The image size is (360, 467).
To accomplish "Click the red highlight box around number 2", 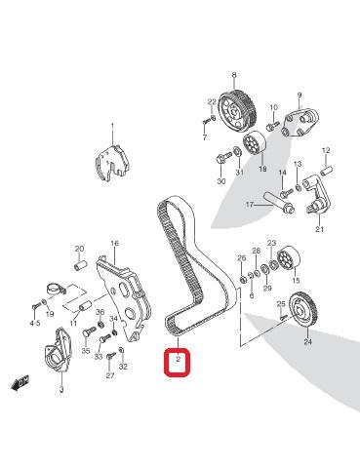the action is point(178,362).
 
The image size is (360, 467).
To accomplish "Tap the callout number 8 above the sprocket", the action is point(234,75).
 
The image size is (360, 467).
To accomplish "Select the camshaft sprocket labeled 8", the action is point(237,109).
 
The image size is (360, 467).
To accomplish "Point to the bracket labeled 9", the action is point(300,123).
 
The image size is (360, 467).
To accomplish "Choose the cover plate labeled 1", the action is point(112,162).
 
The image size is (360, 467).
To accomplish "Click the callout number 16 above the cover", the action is point(114,244).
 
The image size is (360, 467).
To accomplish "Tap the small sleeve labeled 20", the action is point(80,264).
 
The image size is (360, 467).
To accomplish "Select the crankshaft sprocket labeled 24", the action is point(304,312).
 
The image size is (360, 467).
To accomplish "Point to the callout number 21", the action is point(320,229).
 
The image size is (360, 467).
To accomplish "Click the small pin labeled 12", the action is point(326,171).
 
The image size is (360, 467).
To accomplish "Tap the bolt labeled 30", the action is point(221,159).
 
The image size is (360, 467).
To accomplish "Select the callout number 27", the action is point(110,375).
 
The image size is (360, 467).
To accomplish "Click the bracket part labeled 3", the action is point(58,349).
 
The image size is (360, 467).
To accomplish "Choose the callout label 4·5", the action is point(35,323).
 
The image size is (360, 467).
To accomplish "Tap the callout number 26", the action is point(242,258).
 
